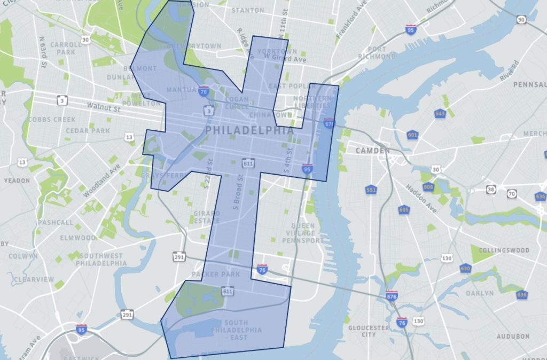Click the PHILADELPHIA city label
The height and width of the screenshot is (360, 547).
(249, 130)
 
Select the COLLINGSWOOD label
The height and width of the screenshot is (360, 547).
(504, 250)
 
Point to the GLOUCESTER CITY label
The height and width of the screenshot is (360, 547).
(369, 331)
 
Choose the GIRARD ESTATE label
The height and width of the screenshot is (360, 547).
(206, 217)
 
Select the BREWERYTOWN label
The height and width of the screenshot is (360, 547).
(194, 46)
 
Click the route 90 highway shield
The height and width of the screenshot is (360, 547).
(521, 19)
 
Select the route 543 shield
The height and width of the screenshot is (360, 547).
(440, 114)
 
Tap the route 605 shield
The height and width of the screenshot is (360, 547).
(403, 210)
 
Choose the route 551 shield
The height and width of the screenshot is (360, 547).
(370, 190)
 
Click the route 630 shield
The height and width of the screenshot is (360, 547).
(465, 268)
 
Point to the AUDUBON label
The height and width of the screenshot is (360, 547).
(513, 336)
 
